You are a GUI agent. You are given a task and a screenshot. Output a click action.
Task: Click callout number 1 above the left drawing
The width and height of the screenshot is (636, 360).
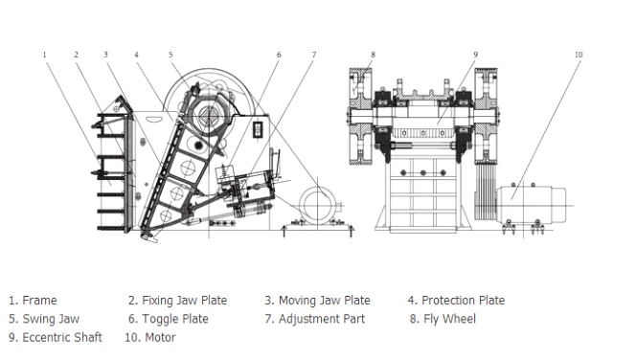click(44, 55)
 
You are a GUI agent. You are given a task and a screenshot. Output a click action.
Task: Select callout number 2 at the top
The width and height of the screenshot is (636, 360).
click(76, 55)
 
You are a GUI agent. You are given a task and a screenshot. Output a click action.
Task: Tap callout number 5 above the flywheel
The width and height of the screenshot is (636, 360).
click(171, 55)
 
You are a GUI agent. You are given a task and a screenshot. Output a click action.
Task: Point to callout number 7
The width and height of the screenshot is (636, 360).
click(313, 55)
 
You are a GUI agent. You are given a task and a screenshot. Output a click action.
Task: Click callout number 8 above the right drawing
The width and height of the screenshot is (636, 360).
click(374, 55)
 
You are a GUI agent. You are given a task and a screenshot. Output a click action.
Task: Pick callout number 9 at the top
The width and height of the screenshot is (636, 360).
click(475, 55)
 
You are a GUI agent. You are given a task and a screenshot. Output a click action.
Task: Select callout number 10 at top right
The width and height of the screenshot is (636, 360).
click(579, 55)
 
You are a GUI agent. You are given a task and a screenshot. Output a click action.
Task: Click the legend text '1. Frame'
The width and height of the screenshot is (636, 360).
click(34, 301)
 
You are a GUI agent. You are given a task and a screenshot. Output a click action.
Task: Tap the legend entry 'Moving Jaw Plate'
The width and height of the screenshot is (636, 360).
click(317, 301)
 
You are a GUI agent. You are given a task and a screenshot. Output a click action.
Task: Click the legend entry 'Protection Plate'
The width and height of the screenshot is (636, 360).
click(456, 301)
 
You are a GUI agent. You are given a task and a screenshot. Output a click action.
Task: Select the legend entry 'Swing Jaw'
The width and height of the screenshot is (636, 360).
click(45, 319)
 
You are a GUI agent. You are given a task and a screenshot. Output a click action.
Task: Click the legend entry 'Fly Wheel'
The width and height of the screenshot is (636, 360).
click(443, 319)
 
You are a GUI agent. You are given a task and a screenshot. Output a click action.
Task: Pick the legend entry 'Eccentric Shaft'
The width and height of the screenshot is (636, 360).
click(56, 337)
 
